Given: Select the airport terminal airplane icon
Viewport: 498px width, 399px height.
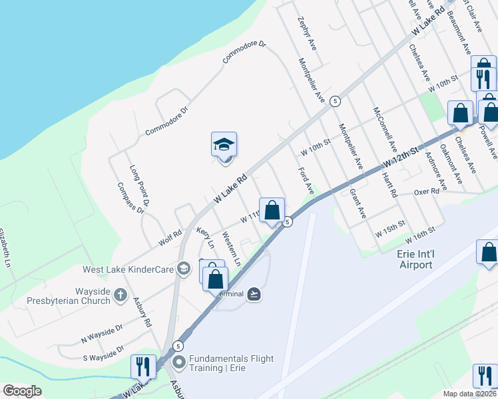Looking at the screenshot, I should coord(254,293).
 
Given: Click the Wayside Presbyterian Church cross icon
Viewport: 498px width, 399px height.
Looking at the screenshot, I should coord(120,294).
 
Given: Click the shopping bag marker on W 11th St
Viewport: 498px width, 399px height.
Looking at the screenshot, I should coord(272,211).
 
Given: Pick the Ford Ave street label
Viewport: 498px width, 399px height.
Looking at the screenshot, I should coord(306,180).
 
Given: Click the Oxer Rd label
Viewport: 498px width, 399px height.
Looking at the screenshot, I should coord(427,191).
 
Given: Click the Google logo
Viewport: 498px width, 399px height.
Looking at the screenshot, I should coord(21,391).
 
